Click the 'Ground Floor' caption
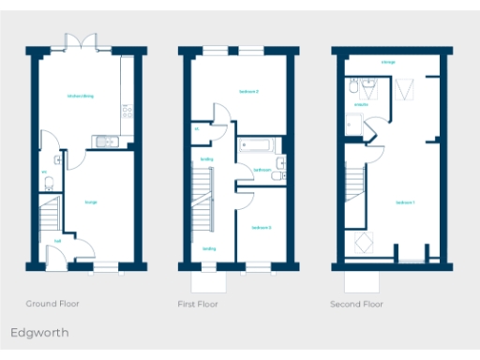[x=52, y=304]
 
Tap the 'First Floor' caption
[x=198, y=304]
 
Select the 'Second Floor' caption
[x=356, y=304]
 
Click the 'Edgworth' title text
[x=39, y=332]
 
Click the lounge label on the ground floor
[x=91, y=202]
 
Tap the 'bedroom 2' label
[x=247, y=91]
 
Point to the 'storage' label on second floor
[x=387, y=62]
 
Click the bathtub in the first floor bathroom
[x=254, y=144]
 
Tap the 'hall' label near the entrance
[x=57, y=241]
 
